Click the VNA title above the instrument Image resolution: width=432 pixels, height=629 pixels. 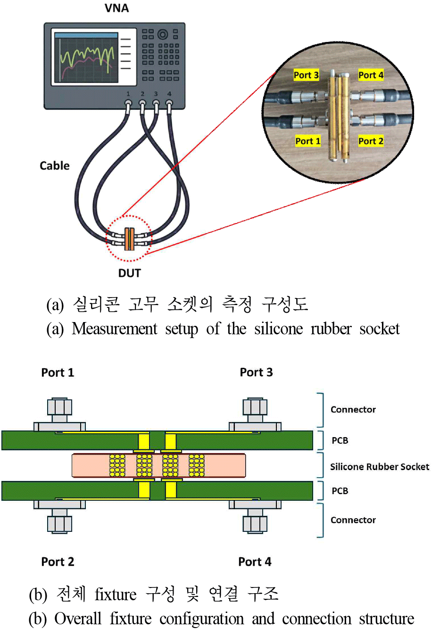coord(116,8)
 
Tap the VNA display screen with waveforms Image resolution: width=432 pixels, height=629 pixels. coord(86,57)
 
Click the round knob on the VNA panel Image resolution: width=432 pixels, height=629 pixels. coord(163,34)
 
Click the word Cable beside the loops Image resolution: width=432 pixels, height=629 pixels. coord(55,166)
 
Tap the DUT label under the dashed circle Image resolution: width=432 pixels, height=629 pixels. coord(129,273)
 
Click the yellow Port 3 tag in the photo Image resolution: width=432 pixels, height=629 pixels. coord(306,75)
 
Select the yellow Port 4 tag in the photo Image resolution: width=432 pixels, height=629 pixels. coord(371,75)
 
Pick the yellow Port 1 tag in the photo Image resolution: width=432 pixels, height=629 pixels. coord(307,141)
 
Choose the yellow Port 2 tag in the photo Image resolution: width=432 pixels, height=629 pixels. coord(371,141)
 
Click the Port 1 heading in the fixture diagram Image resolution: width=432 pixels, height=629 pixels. coord(58,372)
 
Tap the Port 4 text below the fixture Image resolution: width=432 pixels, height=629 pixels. coord(255,562)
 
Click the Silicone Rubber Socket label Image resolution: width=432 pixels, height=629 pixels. coord(380,467)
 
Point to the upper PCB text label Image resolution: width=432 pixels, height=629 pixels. coord(340,440)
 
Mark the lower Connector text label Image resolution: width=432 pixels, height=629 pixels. coord(353,520)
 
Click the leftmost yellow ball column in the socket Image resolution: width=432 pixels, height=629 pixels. coord(117,465)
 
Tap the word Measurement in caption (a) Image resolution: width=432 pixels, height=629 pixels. coord(115,329)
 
